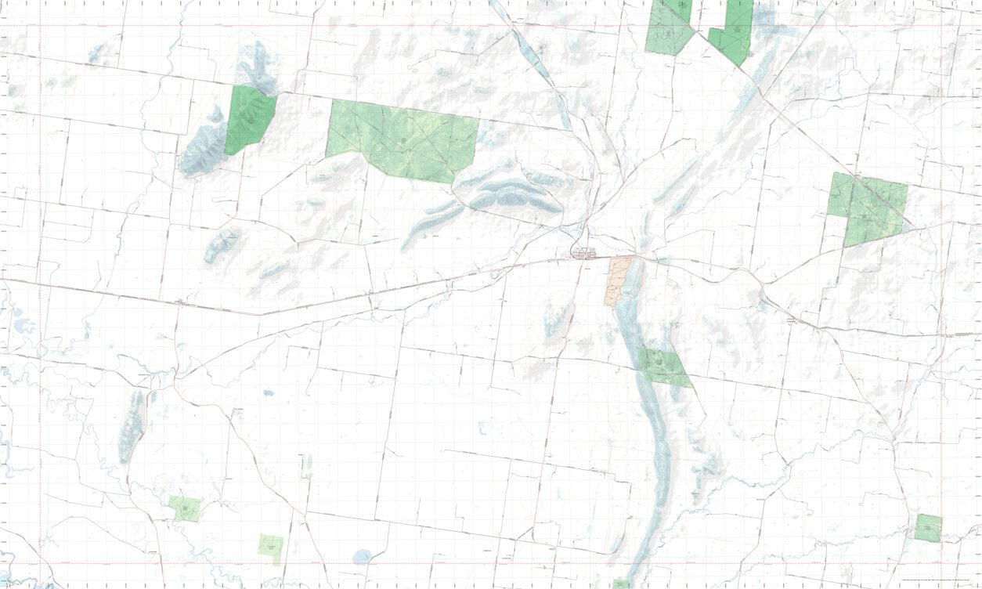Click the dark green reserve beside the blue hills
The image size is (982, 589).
coord(249,120)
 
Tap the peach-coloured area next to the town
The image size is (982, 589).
coord(617,280)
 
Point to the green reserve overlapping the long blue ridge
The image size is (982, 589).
coord(663,367)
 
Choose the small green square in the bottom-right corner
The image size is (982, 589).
coord(929,527)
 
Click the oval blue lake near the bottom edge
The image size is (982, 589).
coord(362,557)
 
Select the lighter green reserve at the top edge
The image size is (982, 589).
coord(668,27)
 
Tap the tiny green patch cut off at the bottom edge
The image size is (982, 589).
coord(621,584)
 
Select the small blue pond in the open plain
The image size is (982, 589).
coord(269,392)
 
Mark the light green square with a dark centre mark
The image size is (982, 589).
coord(185,508)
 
